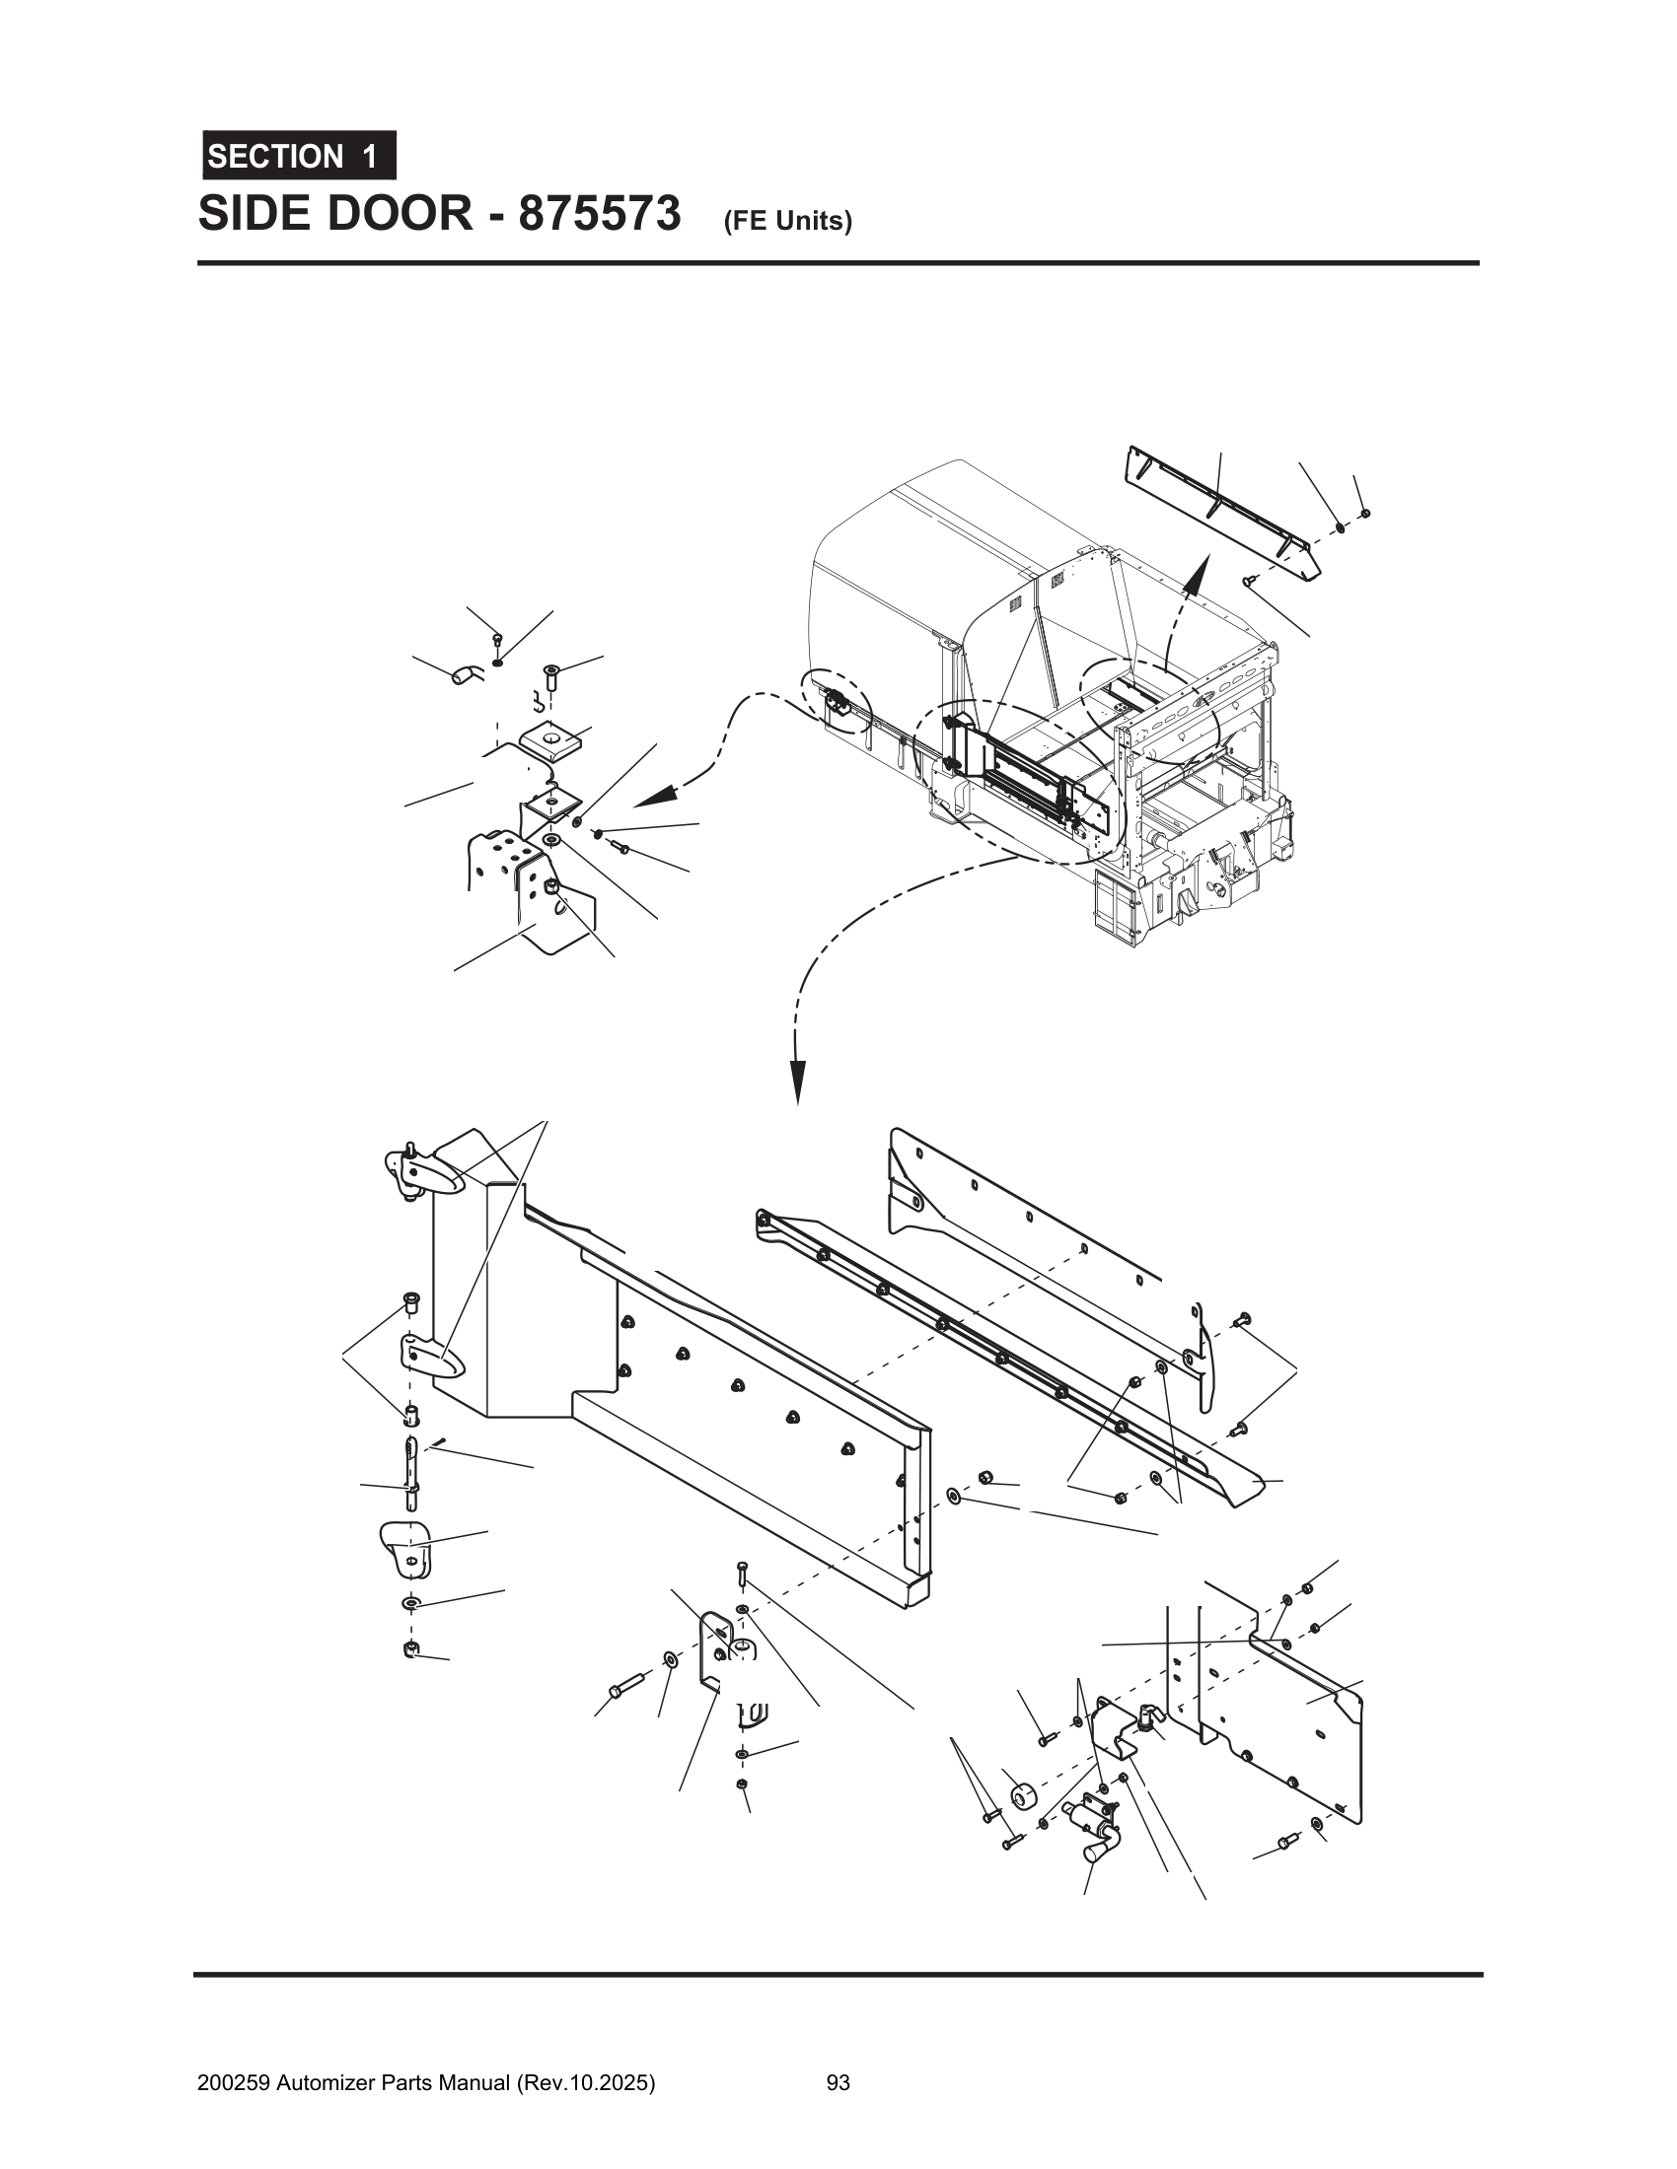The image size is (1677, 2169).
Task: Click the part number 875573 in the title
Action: (x=599, y=215)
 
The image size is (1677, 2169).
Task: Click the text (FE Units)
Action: (x=788, y=222)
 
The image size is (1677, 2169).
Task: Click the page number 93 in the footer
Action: (x=838, y=2082)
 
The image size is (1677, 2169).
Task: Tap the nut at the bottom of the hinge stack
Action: (x=408, y=1649)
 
